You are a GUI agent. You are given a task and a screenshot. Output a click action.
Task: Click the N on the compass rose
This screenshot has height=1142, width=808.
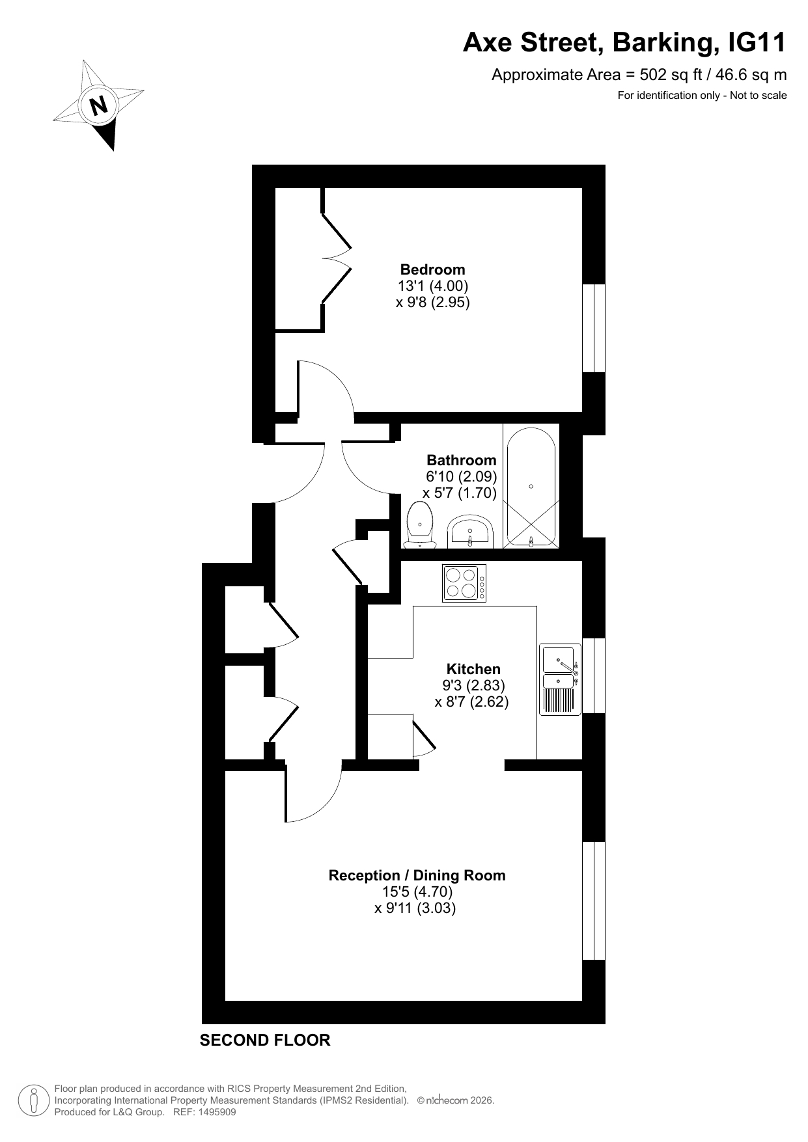tap(99, 105)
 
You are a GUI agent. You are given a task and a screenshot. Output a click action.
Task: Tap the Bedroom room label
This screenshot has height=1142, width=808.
tap(432, 269)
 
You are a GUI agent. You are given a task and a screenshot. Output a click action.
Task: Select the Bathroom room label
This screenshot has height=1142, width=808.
tap(461, 460)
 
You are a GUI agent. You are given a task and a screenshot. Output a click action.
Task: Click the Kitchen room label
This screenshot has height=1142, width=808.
tap(473, 669)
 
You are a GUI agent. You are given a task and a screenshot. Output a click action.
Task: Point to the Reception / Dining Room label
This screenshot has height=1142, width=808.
tap(417, 875)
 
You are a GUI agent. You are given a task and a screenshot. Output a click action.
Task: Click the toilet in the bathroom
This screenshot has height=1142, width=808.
tap(419, 524)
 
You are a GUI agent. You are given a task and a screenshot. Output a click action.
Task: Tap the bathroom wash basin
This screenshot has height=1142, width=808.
tap(470, 531)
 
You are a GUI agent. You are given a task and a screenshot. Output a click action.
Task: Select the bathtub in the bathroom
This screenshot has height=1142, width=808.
tap(531, 487)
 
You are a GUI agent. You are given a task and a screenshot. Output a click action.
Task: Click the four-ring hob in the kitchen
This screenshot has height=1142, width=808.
tap(464, 582)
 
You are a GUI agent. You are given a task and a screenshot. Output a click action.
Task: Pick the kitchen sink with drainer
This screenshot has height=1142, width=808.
tap(560, 680)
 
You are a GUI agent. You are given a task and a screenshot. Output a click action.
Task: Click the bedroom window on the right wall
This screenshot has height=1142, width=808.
tap(594, 329)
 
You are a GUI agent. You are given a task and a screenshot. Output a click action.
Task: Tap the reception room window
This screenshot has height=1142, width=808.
tap(594, 901)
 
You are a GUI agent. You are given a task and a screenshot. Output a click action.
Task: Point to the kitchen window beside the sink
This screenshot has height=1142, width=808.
tap(594, 675)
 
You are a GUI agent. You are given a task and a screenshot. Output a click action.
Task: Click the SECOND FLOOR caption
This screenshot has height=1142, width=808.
tap(265, 1040)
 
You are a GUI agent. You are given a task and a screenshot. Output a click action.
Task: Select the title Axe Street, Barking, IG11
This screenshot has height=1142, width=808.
tap(624, 43)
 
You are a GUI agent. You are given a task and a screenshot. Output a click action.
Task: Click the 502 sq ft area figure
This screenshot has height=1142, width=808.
tap(670, 75)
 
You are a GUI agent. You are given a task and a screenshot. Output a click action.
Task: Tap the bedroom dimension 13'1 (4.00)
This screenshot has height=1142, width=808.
tap(433, 286)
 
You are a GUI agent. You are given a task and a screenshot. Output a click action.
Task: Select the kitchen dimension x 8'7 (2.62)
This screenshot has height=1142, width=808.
tap(471, 702)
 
